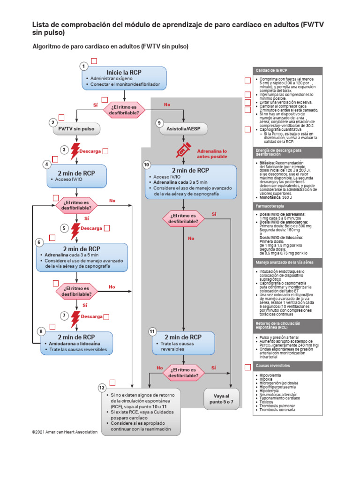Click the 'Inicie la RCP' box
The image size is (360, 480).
click(x=124, y=78)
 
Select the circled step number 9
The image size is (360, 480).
click(x=159, y=123)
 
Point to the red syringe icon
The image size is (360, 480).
click(x=182, y=150)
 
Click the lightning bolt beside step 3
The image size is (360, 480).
click(x=75, y=151)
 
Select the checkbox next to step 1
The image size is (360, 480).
click(x=94, y=61)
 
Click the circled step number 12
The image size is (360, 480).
click(x=102, y=388)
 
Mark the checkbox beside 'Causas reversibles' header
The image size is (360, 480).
click(x=247, y=367)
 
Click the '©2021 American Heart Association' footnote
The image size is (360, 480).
click(x=65, y=432)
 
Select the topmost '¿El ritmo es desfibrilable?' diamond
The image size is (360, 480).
click(x=124, y=110)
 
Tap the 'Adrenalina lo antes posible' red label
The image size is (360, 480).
click(x=212, y=154)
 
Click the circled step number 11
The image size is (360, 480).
click(x=152, y=331)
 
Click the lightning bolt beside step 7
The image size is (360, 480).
click(x=75, y=319)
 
